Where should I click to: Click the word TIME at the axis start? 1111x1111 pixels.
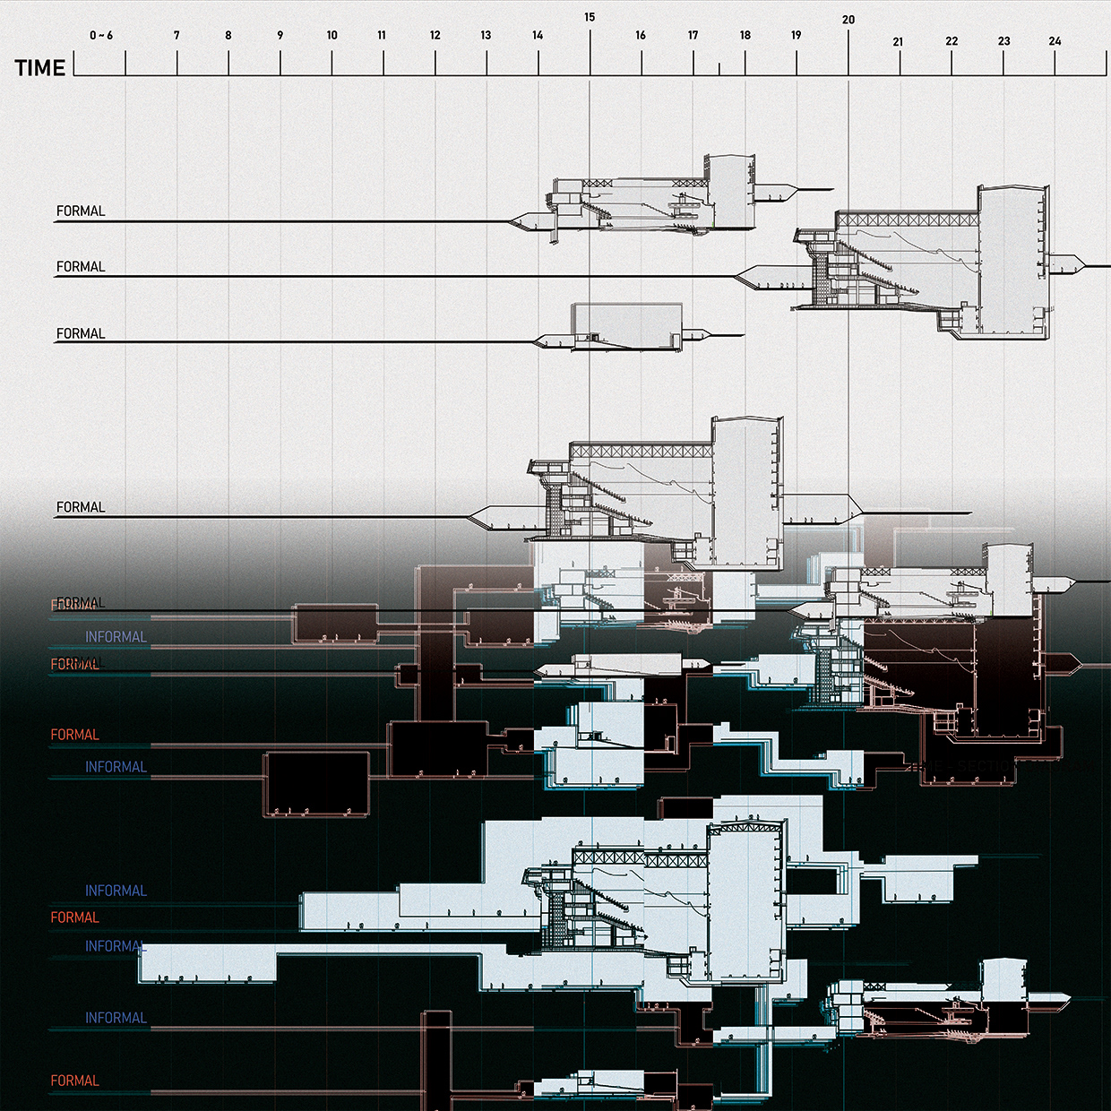(x=40, y=68)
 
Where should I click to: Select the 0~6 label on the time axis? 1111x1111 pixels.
(x=101, y=36)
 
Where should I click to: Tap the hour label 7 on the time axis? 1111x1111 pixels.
(x=177, y=36)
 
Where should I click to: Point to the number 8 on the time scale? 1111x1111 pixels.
(x=228, y=36)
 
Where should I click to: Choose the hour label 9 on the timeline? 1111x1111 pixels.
(x=280, y=36)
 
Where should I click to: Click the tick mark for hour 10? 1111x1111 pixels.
(x=332, y=63)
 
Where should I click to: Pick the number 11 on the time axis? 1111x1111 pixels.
(x=382, y=36)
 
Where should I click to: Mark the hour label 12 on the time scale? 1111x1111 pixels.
(x=435, y=36)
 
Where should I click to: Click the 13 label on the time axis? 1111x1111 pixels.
(x=486, y=36)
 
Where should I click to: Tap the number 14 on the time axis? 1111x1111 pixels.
(x=538, y=36)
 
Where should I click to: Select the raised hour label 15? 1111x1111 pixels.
(x=590, y=17)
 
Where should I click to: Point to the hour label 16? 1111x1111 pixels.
(x=641, y=36)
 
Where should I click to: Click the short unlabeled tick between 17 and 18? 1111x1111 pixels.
(x=719, y=69)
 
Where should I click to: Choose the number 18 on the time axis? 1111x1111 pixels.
(x=745, y=36)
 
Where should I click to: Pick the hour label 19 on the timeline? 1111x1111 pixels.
(x=797, y=36)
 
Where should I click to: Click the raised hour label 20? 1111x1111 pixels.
(x=848, y=20)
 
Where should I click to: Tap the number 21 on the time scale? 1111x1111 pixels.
(x=899, y=42)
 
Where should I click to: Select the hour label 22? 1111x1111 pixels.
(x=952, y=41)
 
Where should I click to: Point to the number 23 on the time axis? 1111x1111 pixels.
(x=1003, y=41)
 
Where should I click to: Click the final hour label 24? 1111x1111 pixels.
(x=1055, y=41)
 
